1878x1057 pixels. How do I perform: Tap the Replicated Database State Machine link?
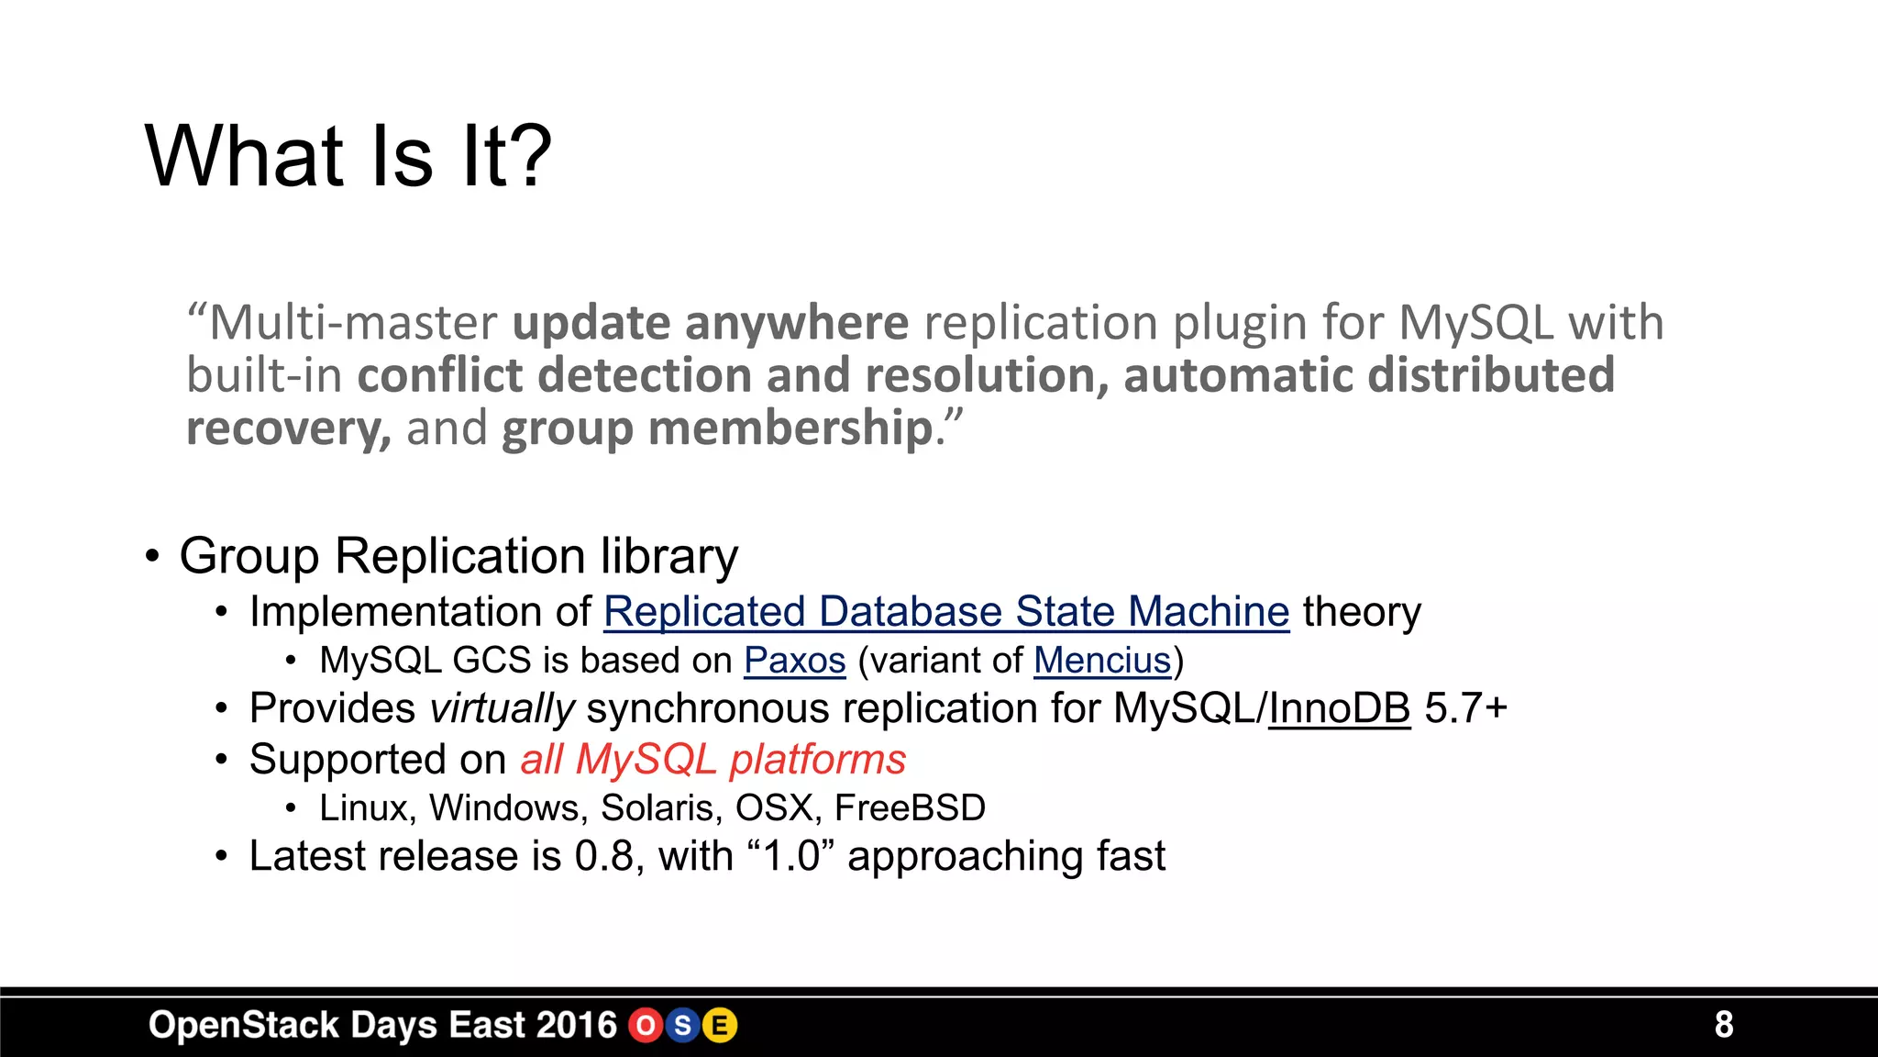(946, 612)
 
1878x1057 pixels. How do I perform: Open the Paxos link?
(794, 661)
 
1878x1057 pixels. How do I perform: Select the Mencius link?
(1102, 661)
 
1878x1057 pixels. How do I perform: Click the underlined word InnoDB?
(1339, 709)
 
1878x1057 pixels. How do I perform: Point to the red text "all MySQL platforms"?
(713, 760)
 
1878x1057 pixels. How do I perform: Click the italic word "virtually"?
(502, 709)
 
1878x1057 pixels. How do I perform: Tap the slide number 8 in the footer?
(1724, 1025)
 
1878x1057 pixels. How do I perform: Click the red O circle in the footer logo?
(646, 1026)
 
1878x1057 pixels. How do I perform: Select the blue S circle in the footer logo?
(682, 1026)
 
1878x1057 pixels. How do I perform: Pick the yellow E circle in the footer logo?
(720, 1026)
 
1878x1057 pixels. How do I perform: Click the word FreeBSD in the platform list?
(910, 808)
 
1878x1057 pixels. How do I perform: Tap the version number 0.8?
(604, 857)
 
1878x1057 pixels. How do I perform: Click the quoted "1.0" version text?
(790, 857)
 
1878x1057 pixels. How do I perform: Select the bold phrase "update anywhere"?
(710, 323)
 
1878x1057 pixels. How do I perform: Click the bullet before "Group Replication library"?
(152, 556)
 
